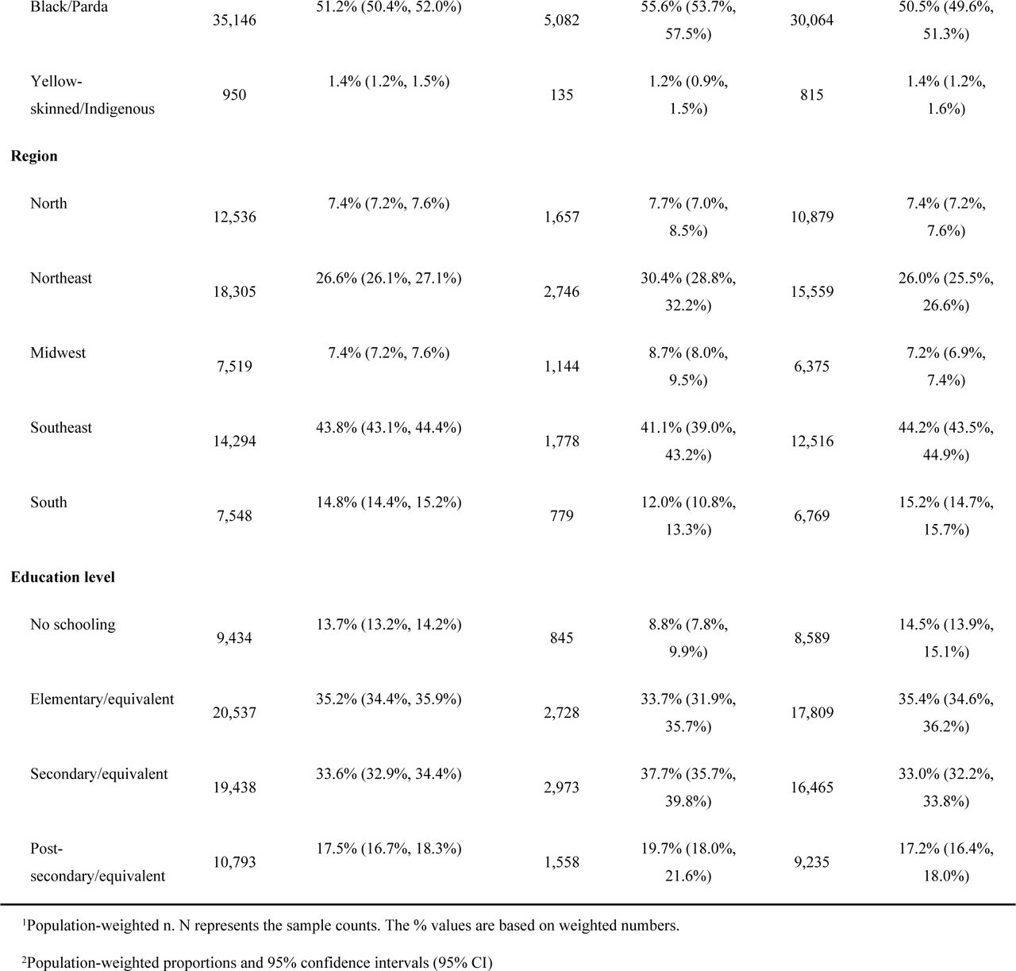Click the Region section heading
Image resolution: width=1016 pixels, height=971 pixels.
(34, 156)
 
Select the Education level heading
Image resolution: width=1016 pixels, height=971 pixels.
(63, 577)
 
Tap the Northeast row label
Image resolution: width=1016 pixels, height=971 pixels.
(61, 278)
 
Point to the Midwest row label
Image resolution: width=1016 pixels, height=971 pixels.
(58, 353)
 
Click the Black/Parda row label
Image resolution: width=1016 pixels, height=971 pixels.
(69, 7)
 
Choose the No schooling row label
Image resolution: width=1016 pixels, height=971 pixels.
(73, 624)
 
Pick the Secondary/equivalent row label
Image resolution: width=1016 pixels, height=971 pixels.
(99, 773)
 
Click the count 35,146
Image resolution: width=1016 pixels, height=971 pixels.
(234, 21)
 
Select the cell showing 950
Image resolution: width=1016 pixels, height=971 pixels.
(234, 95)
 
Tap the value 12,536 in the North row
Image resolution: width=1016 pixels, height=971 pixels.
(234, 217)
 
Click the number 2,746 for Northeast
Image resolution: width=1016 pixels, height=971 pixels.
(562, 291)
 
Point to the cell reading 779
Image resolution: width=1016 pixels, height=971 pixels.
(562, 516)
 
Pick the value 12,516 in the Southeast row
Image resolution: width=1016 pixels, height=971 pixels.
(812, 441)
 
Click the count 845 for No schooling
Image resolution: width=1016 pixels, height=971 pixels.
(562, 638)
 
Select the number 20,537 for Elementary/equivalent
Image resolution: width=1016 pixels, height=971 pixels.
(234, 713)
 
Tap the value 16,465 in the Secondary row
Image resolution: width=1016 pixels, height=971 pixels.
(812, 788)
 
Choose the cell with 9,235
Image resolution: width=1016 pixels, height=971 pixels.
(812, 862)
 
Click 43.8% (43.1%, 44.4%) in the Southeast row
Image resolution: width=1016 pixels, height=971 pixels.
(389, 428)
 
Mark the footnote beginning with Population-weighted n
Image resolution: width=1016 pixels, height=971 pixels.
(350, 926)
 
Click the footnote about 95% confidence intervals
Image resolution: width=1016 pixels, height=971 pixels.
(257, 962)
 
